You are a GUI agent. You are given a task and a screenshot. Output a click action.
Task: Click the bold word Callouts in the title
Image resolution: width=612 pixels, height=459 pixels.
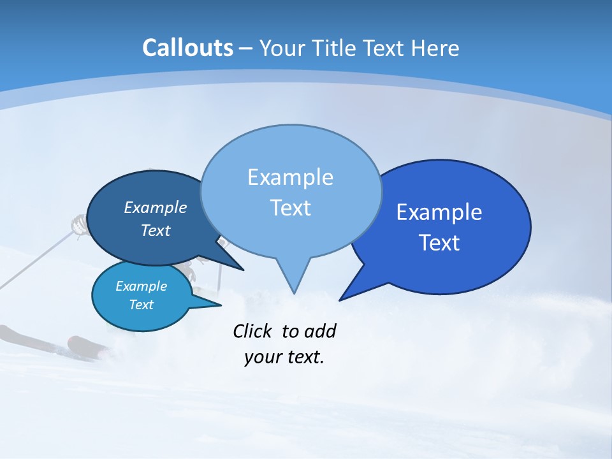[x=187, y=48]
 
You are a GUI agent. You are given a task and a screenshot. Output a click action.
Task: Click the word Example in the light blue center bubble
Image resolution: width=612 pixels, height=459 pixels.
[x=290, y=177]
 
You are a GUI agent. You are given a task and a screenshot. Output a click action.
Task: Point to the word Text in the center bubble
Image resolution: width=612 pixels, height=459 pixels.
[x=290, y=208]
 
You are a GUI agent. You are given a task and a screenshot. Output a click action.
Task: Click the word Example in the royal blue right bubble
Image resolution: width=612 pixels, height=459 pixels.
[x=439, y=212]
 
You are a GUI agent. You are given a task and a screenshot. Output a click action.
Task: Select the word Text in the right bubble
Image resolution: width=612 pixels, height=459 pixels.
[x=439, y=243]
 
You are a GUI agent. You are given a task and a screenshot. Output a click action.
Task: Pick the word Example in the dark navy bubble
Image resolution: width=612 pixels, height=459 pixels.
[x=155, y=207]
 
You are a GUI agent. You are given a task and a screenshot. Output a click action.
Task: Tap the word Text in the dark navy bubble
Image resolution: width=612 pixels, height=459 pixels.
[x=155, y=230]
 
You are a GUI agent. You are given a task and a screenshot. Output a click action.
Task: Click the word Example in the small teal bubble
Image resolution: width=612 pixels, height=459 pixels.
[x=141, y=286]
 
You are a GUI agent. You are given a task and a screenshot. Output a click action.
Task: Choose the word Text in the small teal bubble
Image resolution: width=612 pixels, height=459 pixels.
[x=141, y=305]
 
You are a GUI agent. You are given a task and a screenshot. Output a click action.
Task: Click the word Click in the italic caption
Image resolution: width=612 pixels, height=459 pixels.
[x=253, y=331]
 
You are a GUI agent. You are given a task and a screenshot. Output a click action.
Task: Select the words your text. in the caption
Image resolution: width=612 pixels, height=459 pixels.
[x=284, y=357]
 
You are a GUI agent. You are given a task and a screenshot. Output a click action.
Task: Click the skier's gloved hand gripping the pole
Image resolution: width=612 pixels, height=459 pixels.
[x=79, y=224]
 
